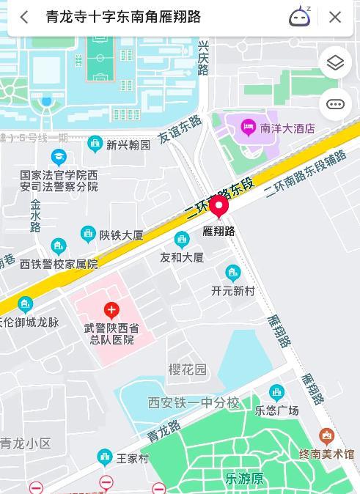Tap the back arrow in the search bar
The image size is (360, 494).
click(24, 17)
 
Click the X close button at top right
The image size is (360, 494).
click(335, 17)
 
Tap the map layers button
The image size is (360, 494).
click(335, 63)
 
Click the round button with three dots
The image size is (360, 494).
click(335, 104)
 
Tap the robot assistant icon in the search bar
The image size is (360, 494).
click(299, 16)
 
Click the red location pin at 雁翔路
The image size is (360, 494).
click(218, 209)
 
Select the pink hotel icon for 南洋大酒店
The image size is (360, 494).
click(248, 128)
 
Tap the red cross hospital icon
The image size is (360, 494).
click(111, 311)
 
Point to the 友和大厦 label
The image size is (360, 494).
click(182, 257)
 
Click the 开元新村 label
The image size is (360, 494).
click(233, 291)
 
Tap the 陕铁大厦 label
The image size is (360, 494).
click(121, 235)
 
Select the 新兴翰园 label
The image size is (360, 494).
click(128, 144)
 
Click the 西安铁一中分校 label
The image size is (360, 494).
click(194, 402)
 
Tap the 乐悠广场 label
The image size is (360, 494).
click(276, 410)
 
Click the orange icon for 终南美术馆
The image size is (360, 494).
click(327, 438)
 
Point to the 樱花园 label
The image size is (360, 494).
click(188, 369)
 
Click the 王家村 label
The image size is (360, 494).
click(132, 459)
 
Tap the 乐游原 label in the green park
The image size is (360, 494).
click(244, 479)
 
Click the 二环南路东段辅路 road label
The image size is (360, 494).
click(305, 174)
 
